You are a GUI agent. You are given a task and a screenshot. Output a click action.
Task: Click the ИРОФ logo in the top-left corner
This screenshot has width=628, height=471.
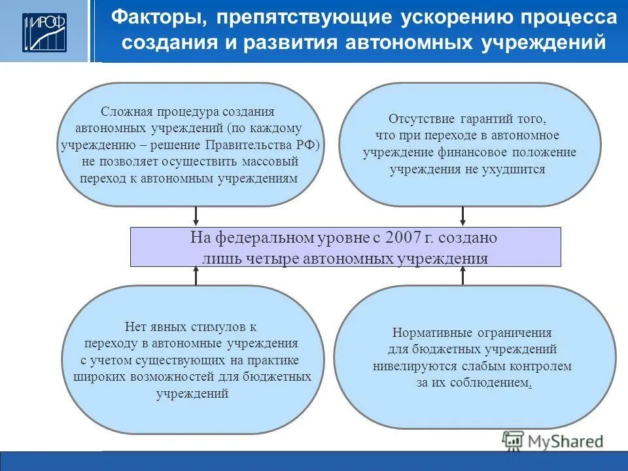point(44,31)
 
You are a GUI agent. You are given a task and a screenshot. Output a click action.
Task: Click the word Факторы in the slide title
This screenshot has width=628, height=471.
point(152,18)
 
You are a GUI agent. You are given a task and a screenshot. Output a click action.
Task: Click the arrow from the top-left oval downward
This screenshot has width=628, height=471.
point(196,217)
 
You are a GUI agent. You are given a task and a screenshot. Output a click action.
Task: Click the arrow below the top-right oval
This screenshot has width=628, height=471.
point(462,217)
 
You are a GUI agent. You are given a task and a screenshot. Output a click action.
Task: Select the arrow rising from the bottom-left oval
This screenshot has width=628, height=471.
point(196,275)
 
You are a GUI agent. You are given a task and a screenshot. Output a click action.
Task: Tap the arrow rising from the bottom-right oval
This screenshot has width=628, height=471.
point(462,275)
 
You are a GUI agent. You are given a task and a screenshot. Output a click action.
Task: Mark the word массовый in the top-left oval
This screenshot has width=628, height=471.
point(272,161)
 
